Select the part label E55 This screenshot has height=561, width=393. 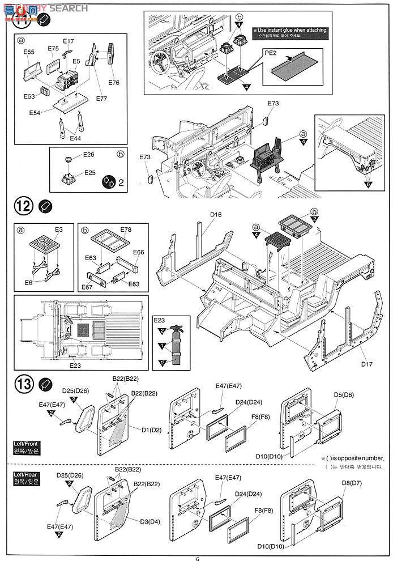click(x=29, y=52)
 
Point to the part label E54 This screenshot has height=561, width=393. click(x=35, y=113)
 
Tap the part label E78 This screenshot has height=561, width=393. click(x=126, y=230)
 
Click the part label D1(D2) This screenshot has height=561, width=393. click(x=152, y=430)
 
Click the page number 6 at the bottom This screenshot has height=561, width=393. click(x=197, y=557)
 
